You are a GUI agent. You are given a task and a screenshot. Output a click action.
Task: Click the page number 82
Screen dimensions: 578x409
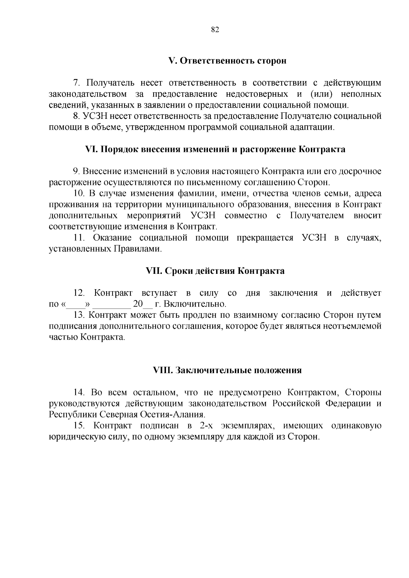tap(215, 30)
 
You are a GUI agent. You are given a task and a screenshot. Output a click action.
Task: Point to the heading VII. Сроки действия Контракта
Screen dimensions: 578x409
tap(215, 271)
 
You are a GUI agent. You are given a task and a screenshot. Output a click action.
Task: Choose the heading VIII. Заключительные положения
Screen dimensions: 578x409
tap(227, 371)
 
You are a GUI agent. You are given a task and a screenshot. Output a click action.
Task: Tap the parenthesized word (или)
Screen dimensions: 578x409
tap(320, 94)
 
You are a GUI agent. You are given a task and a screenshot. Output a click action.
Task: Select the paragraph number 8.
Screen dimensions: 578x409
tap(76, 116)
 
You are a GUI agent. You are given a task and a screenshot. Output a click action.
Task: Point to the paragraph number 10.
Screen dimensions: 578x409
tap(79, 194)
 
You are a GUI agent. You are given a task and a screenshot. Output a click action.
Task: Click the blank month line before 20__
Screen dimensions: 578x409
tap(112, 304)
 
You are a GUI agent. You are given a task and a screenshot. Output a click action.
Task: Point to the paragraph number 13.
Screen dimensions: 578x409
tap(78, 315)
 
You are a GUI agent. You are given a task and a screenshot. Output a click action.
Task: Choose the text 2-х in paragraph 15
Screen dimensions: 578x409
tap(203, 426)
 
